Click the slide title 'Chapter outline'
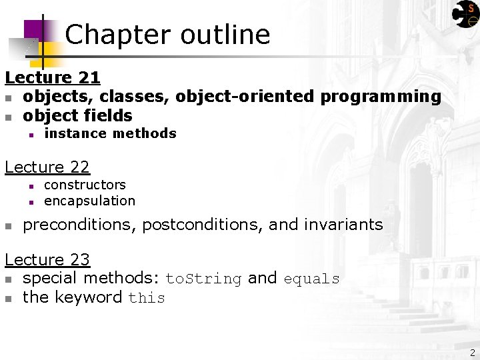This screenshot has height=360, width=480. click(167, 35)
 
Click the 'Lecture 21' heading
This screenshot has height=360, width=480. click(52, 78)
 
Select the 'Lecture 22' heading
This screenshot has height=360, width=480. click(47, 167)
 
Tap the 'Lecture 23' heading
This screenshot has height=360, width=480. click(47, 259)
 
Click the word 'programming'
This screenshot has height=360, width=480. click(381, 97)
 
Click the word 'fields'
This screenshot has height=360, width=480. click(108, 116)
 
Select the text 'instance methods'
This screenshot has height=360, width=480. click(110, 133)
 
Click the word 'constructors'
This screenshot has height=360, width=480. click(85, 185)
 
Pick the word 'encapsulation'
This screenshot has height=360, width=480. click(89, 201)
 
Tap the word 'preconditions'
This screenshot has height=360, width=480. click(80, 225)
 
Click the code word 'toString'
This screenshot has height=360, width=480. click(203, 279)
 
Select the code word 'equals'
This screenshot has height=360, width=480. click(311, 279)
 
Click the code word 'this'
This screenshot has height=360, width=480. click(147, 298)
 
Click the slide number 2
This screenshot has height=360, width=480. click(472, 353)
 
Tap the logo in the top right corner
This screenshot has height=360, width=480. click(465, 14)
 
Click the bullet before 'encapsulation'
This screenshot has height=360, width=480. click(31, 201)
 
